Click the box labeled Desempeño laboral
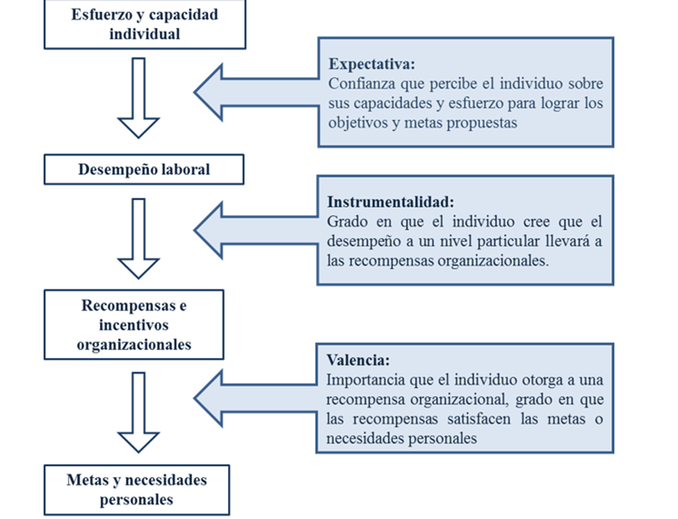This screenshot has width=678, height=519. pos(144,169)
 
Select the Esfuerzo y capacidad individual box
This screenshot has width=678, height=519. pos(145,24)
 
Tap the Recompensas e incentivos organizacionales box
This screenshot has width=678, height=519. pos(134,325)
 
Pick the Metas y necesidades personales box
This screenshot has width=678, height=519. pos(137,490)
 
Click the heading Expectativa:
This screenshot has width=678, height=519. pos(372,64)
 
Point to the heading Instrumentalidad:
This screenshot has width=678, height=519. pos(390,202)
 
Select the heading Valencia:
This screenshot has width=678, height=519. pos(358,360)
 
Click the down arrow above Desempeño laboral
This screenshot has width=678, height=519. pos(138,98)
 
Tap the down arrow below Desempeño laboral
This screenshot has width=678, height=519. pos(138,238)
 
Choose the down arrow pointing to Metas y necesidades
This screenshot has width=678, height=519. pos(138,412)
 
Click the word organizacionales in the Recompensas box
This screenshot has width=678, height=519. pos(134,344)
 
